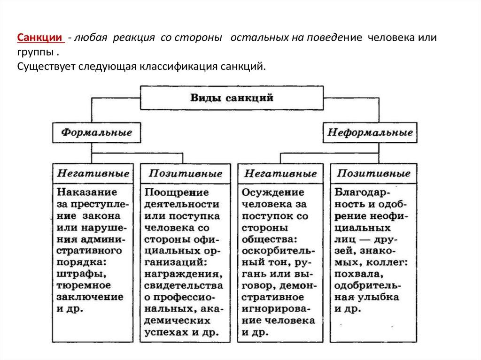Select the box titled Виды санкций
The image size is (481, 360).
[232, 98]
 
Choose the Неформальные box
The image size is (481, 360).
[370, 132]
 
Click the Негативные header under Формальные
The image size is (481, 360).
[93, 174]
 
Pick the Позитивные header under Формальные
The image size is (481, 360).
[185, 174]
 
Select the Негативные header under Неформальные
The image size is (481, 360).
[279, 174]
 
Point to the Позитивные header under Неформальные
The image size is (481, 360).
[373, 174]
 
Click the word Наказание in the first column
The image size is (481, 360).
[87, 192]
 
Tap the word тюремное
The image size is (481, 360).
[83, 285]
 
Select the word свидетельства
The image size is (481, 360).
[184, 285]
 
